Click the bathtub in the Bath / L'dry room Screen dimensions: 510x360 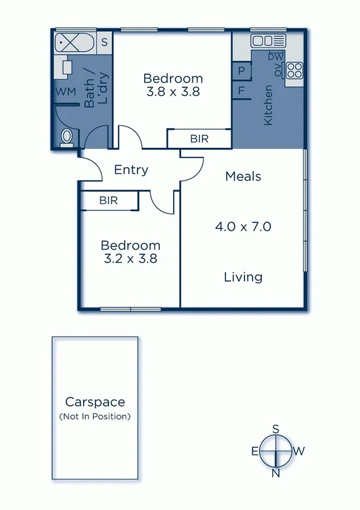pos(73,44)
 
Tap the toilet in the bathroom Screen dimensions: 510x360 pos(67,138)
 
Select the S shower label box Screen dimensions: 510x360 pos(104,42)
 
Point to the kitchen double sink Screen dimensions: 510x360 pos(262,41)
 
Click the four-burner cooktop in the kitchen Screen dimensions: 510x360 pos(294,70)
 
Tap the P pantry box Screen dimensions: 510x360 pos(241,71)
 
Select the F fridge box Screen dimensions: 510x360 pos(241,91)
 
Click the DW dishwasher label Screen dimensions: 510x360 pos(275,57)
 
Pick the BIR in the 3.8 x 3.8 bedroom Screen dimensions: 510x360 pos(199,138)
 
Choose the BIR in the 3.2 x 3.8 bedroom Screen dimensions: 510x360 pos(109,200)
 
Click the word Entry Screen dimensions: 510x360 pos(131,170)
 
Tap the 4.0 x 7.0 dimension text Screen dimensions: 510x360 pos(243,227)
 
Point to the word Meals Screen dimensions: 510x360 pos(243,176)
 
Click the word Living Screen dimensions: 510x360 pos(243,277)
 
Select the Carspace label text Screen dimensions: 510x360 pos(95,402)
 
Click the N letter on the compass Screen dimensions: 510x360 pos(276,473)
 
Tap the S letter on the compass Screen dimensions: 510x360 pos(276,429)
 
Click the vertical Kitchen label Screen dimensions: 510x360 pos(268,105)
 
